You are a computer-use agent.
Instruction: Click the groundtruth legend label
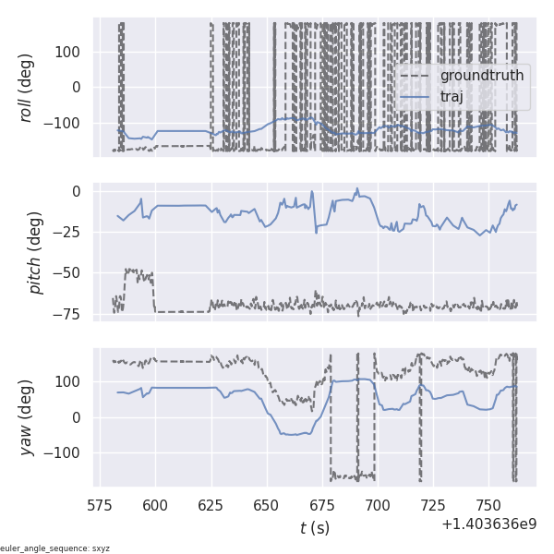click(x=481, y=75)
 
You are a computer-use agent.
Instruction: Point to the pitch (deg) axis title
click(x=37, y=253)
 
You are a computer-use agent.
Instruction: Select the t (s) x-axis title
click(x=315, y=528)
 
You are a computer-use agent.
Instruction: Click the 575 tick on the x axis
click(x=100, y=505)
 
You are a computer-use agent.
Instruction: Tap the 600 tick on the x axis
click(x=156, y=505)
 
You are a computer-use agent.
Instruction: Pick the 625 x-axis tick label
click(x=211, y=505)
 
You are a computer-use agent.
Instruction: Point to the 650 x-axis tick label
click(x=267, y=505)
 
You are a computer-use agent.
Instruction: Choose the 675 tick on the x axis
click(x=322, y=505)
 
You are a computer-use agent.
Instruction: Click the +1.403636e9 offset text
click(x=488, y=524)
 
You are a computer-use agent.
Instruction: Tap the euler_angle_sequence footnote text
click(x=55, y=548)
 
